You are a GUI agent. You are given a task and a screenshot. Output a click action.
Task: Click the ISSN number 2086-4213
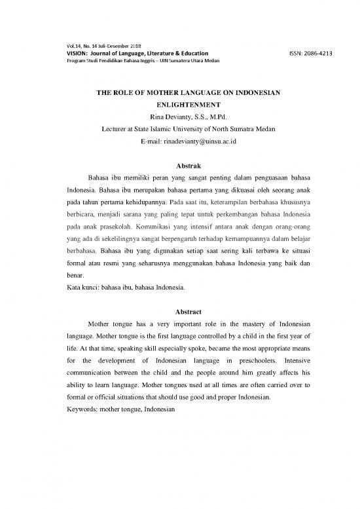(x=317, y=52)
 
